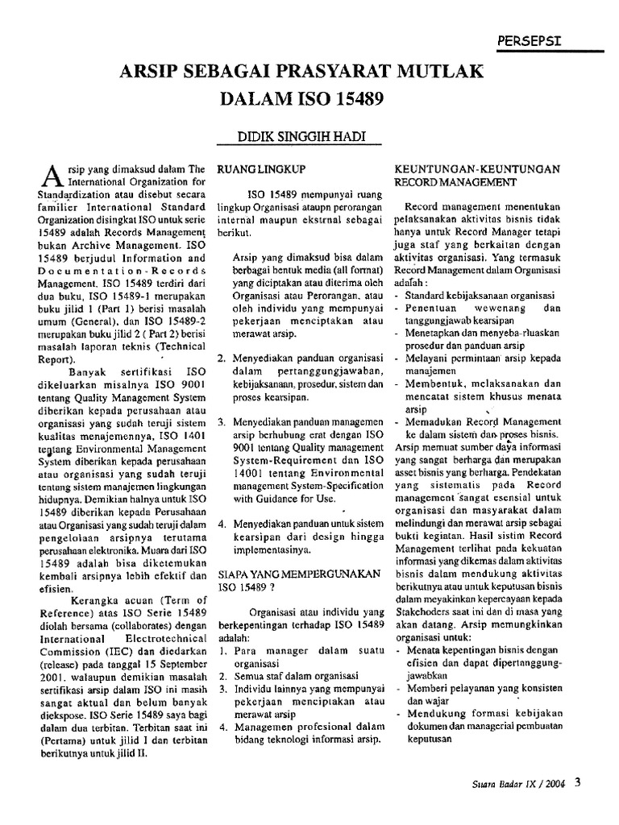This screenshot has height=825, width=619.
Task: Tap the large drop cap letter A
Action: pyautogui.click(x=49, y=175)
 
